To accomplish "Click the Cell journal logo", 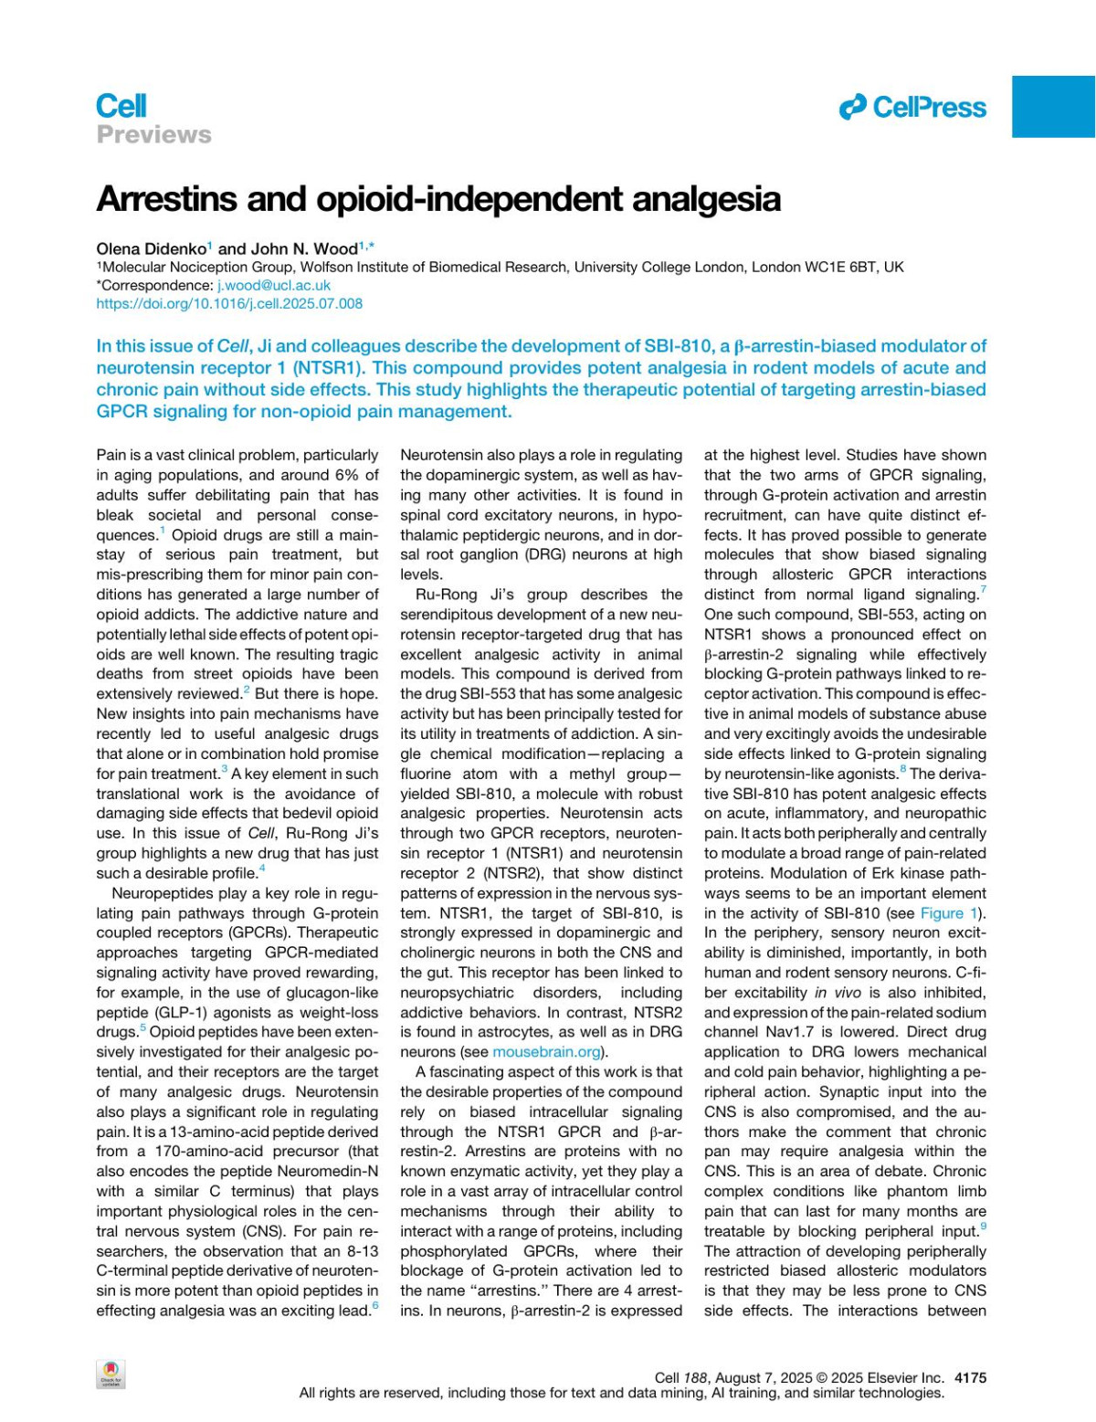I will pos(121,106).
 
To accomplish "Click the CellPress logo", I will pos(912,108).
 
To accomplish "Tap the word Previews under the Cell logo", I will pos(153,135).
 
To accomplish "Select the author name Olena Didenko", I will pos(151,248).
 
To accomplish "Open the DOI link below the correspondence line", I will pos(229,303).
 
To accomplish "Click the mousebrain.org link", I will pos(547,1052).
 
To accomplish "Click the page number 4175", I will pos(969,1377).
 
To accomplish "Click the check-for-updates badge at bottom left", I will pos(111,1374).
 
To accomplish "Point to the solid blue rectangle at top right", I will pos(1053,106).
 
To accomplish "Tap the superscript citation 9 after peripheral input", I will pos(983,1227).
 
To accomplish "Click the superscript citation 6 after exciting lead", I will pos(374,1306).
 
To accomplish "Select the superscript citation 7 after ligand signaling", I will pos(983,590).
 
